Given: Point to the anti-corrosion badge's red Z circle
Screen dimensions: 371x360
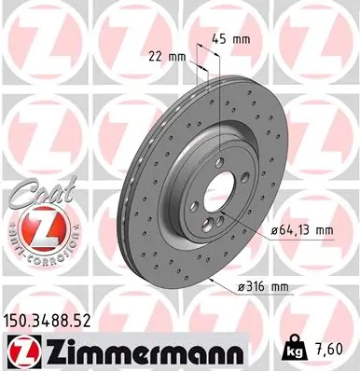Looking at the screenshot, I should point(36,227).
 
